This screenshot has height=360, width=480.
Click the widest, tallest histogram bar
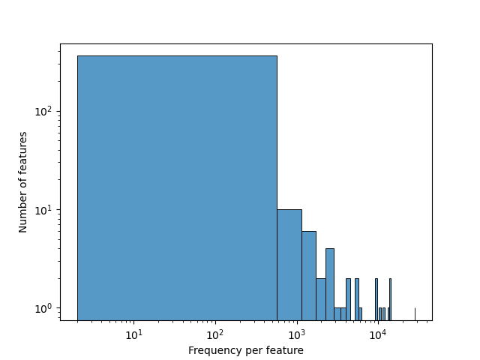click(x=177, y=187)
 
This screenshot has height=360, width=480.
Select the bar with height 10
click(x=289, y=264)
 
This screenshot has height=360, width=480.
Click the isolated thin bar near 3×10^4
click(x=415, y=314)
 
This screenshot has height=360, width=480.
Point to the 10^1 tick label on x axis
click(x=134, y=334)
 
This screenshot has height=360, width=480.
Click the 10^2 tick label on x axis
click(x=215, y=334)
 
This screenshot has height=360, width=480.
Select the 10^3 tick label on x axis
click(x=296, y=334)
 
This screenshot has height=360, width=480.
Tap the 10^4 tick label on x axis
click(x=377, y=334)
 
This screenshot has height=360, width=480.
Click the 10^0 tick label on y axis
click(x=45, y=308)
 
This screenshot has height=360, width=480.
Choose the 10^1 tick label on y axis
click(x=45, y=210)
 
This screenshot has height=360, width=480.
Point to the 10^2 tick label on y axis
click(x=45, y=112)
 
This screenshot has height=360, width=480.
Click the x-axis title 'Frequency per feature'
click(x=246, y=350)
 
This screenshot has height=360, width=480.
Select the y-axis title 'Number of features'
click(x=23, y=182)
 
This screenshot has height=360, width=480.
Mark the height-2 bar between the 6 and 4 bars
click(x=320, y=298)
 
